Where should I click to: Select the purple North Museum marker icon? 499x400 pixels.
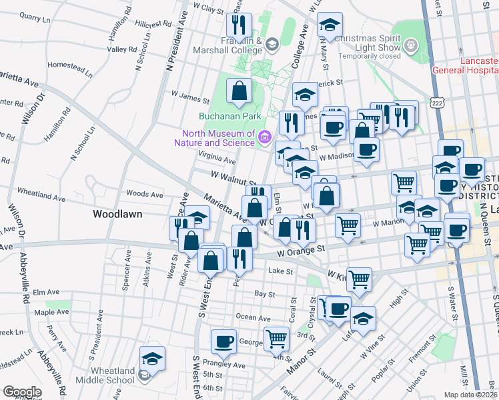tap(265, 137)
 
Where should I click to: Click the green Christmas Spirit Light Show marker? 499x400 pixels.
tap(412, 47)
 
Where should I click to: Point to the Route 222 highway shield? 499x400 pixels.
tap(437, 103)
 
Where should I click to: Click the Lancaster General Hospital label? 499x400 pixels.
tap(465, 65)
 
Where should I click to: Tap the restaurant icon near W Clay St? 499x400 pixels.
tap(238, 26)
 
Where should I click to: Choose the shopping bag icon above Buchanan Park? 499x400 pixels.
tap(239, 91)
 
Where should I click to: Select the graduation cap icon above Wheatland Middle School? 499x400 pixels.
tap(152, 359)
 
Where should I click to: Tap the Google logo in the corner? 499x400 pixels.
tap(22, 392)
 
